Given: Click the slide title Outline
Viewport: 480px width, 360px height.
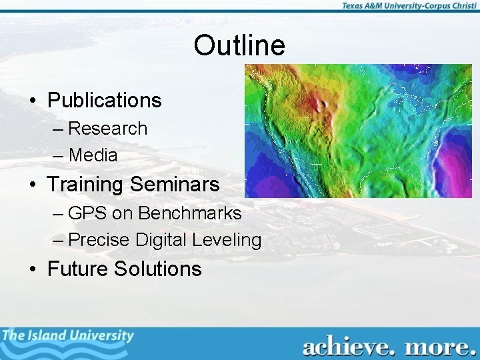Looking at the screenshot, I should pyautogui.click(x=239, y=45).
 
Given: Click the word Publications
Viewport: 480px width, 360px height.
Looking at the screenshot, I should pyautogui.click(x=105, y=101).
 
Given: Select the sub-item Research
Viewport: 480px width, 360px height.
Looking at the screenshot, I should pyautogui.click(x=107, y=128).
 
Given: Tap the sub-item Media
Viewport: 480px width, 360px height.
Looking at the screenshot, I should pyautogui.click(x=93, y=155).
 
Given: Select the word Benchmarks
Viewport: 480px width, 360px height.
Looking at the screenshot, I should pyautogui.click(x=189, y=213).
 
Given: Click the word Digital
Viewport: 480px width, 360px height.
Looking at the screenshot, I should pyautogui.click(x=163, y=240).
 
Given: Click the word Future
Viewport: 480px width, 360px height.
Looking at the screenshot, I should pyautogui.click(x=78, y=269).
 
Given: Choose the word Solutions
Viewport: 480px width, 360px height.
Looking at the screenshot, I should pyautogui.click(x=158, y=269).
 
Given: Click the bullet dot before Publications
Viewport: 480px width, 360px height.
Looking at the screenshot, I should pyautogui.click(x=32, y=101).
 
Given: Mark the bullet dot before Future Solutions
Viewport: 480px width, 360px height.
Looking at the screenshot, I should pyautogui.click(x=32, y=269).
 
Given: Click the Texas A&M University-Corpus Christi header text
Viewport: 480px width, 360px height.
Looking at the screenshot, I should pyautogui.click(x=409, y=6).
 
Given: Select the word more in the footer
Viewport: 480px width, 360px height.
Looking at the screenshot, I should pyautogui.click(x=437, y=347).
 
